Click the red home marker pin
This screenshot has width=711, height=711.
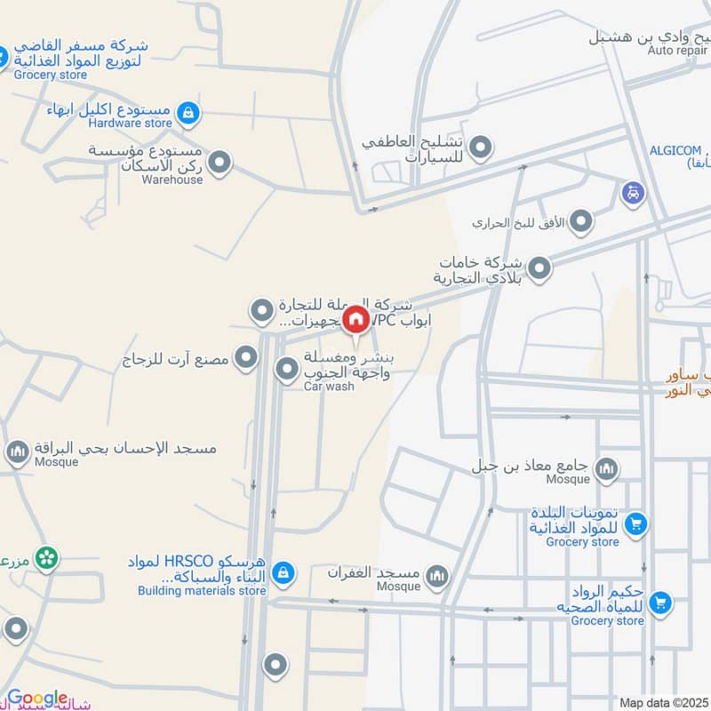coord(355,320)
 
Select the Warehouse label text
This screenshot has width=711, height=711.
coord(173,180)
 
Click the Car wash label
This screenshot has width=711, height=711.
coord(328,387)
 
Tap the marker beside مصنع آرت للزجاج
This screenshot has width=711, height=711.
coord(246,358)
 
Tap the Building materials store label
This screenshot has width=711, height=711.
coord(202,590)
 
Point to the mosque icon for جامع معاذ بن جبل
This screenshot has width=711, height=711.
coord(607,468)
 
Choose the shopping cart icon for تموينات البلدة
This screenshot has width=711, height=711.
coord(635,525)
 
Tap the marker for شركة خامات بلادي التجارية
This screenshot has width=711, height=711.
coord(539,267)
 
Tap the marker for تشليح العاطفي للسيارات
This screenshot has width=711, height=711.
coord(480,148)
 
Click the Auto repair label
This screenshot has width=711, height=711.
coord(679,51)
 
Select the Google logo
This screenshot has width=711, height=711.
coord(37,699)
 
